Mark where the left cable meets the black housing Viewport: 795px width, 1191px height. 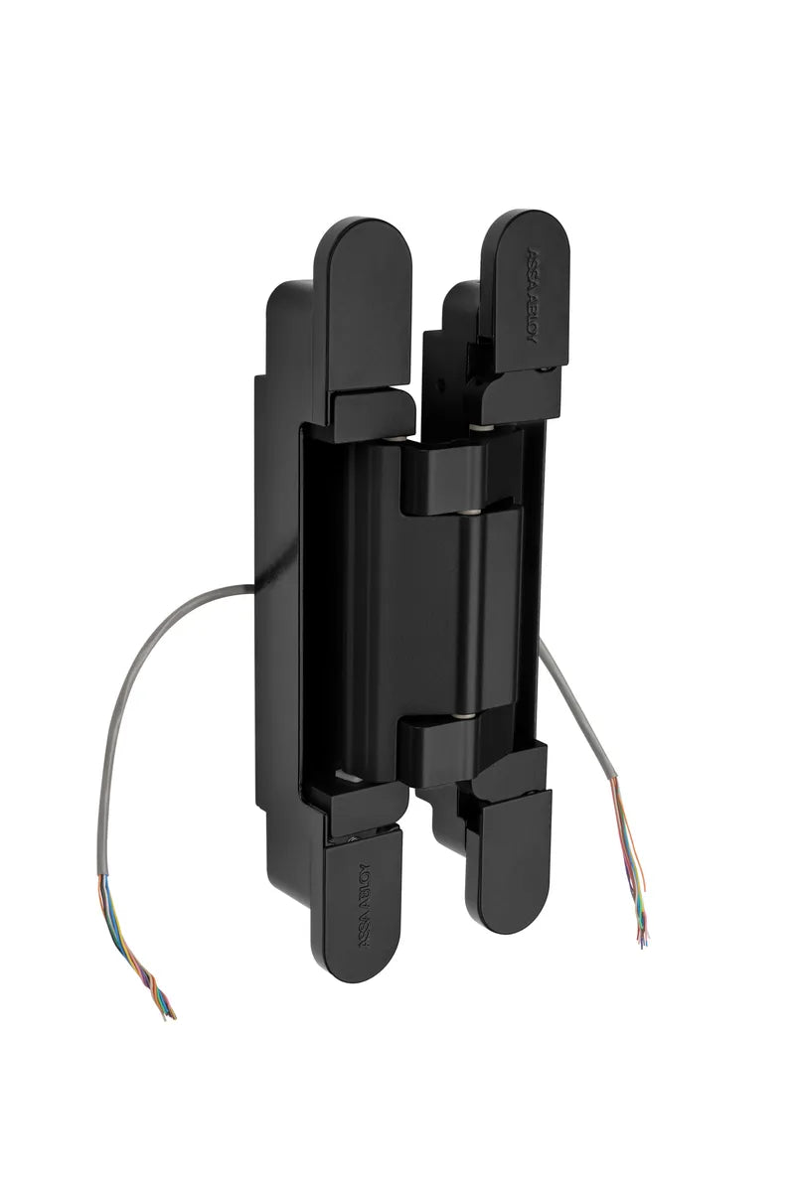[x=253, y=587]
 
